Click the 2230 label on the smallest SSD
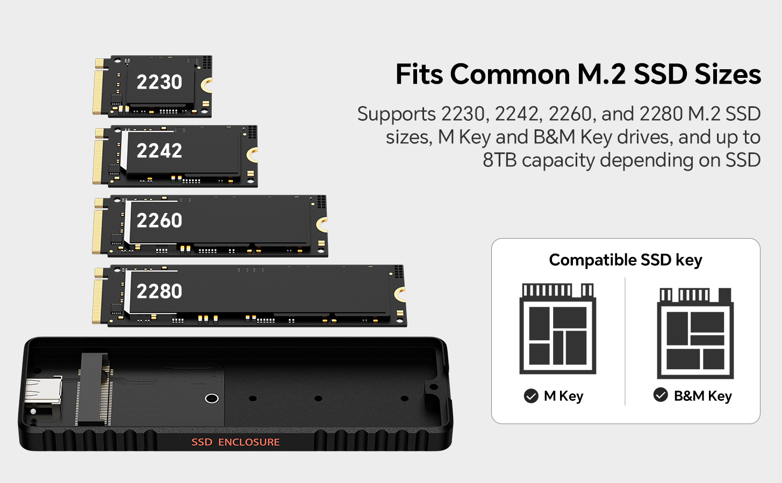click(159, 82)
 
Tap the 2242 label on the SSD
click(159, 151)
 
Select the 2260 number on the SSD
click(159, 221)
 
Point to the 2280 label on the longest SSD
click(159, 291)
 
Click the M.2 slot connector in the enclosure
click(94, 389)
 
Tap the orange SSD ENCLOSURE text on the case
click(235, 442)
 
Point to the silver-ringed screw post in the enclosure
click(212, 398)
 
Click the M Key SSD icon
click(557, 328)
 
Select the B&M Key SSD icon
click(695, 333)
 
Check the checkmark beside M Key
click(531, 396)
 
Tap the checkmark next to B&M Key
click(661, 395)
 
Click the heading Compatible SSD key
click(625, 260)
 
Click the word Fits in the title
click(419, 74)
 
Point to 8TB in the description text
click(500, 160)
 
